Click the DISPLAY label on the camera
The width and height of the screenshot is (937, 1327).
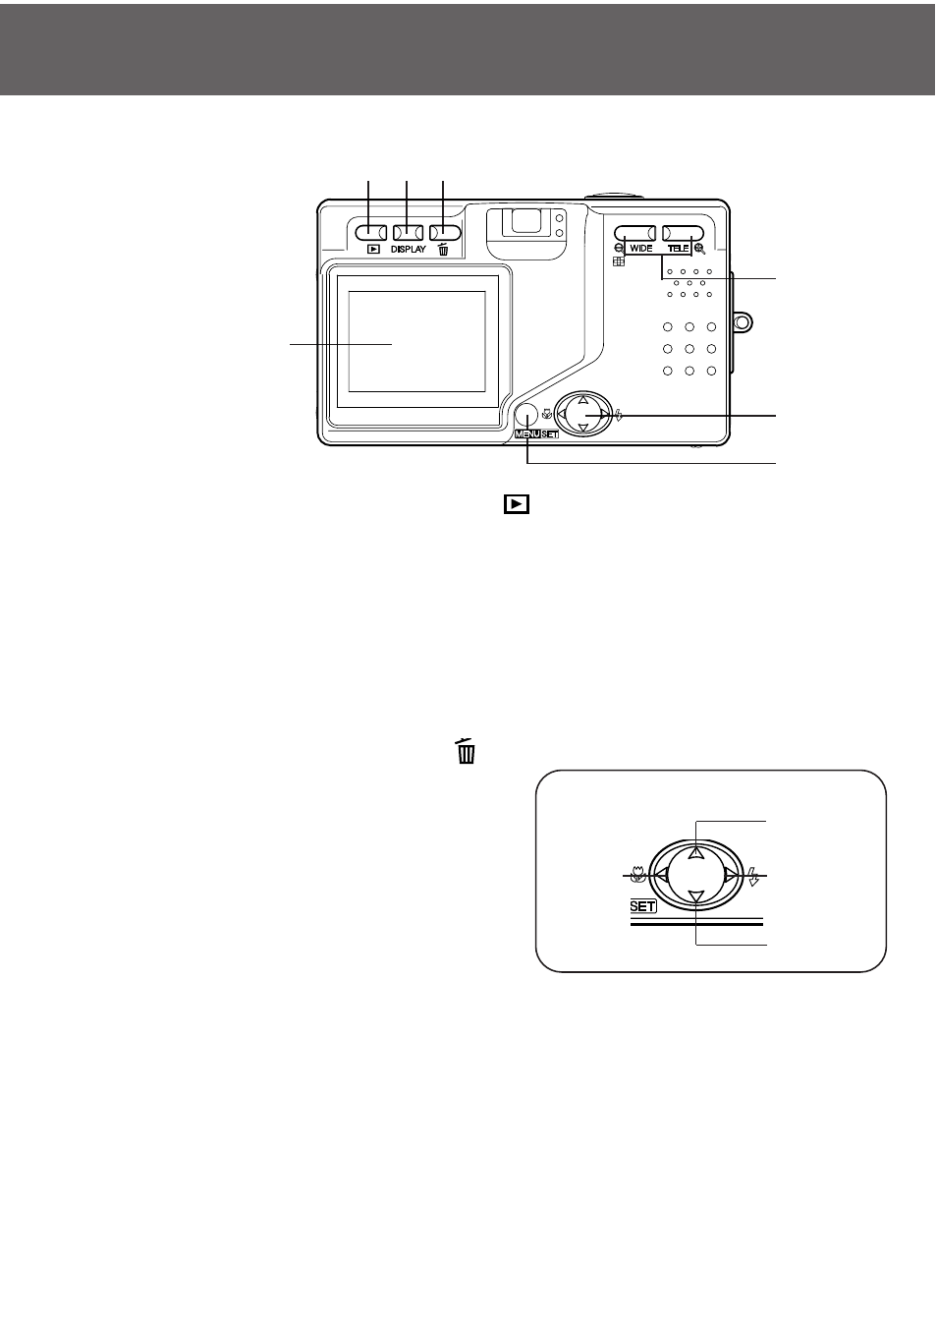tap(408, 250)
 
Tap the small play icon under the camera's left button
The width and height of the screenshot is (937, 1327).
tap(373, 250)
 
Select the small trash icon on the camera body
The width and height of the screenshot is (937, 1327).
tap(443, 249)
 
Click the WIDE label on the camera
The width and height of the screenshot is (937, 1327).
tap(641, 249)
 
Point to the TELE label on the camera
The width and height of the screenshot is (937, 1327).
tap(679, 249)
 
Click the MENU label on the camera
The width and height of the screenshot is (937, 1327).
tap(527, 434)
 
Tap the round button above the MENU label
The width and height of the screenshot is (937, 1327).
tap(525, 415)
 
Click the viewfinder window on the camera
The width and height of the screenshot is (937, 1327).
tap(524, 221)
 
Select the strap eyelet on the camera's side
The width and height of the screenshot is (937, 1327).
tap(743, 321)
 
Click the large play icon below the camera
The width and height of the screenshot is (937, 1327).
tap(517, 504)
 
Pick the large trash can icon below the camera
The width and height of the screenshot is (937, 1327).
tap(466, 751)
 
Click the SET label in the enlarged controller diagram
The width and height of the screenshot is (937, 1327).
tap(642, 906)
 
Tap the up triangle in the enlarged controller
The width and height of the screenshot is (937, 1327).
tap(696, 853)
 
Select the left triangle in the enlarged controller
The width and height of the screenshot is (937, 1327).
tap(661, 875)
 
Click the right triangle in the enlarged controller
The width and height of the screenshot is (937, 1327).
tap(731, 875)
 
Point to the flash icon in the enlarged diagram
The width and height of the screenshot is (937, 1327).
tap(753, 876)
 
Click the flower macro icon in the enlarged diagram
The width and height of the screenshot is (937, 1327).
tap(638, 875)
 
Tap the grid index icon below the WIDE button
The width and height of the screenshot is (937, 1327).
tap(619, 261)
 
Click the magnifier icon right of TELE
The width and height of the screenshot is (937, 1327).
tap(699, 250)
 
